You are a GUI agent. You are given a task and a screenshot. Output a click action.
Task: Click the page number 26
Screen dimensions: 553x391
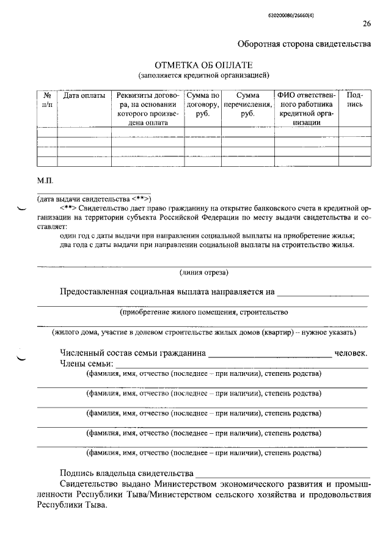367,24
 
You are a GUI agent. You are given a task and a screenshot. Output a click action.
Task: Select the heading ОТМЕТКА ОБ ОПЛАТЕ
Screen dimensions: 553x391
203,65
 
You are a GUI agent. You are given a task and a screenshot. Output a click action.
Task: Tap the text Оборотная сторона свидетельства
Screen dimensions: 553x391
304,44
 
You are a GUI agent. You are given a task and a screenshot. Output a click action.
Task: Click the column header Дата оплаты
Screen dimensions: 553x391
84,96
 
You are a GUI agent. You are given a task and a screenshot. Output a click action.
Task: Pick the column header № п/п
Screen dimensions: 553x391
47,100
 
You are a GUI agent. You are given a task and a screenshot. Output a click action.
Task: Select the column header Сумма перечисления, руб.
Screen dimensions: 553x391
247,104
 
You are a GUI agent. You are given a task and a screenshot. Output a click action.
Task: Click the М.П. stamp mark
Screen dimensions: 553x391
46,181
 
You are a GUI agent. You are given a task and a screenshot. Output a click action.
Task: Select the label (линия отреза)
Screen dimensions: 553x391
204,273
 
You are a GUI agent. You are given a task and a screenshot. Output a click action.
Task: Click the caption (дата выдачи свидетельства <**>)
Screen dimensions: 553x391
95,199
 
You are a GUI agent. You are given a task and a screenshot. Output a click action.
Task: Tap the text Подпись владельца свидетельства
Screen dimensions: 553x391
126,474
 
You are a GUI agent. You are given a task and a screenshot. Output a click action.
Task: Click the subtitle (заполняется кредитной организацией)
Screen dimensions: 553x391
203,75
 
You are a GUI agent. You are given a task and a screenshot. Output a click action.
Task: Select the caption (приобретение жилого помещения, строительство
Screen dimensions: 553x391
203,312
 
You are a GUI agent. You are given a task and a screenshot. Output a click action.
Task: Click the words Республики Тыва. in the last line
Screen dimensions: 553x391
71,506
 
